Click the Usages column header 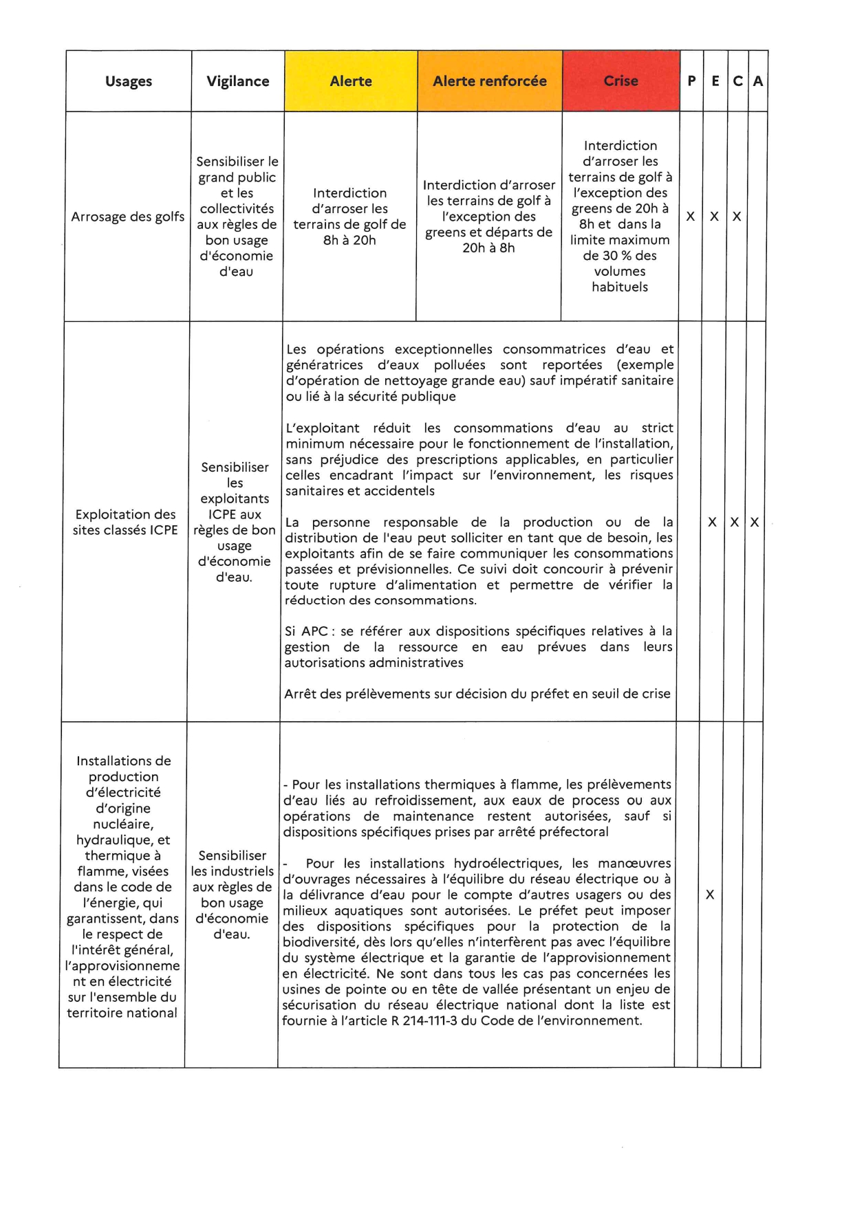(x=129, y=81)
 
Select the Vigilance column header (x=238, y=81)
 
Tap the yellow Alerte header (x=351, y=81)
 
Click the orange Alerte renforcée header (x=490, y=81)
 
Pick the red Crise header (x=620, y=81)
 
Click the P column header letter (x=691, y=81)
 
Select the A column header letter (x=757, y=81)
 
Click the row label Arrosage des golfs (x=128, y=217)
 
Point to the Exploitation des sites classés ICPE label (x=125, y=522)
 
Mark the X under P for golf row (x=690, y=217)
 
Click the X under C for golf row (x=736, y=217)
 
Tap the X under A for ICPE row (x=754, y=523)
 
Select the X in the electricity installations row (x=709, y=895)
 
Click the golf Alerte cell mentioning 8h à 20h (x=349, y=217)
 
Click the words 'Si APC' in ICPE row (x=306, y=631)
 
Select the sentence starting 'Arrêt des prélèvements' (x=477, y=694)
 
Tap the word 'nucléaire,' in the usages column (x=123, y=824)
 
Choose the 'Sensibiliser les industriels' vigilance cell (x=232, y=895)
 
